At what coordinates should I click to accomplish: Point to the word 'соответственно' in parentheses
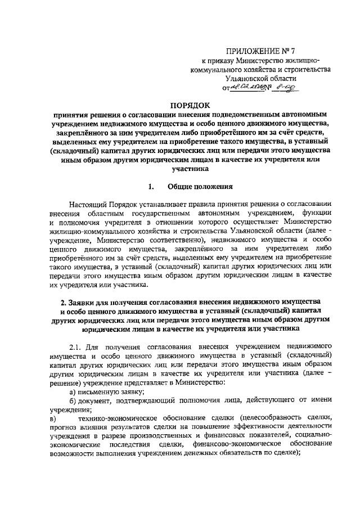coord(166,248)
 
